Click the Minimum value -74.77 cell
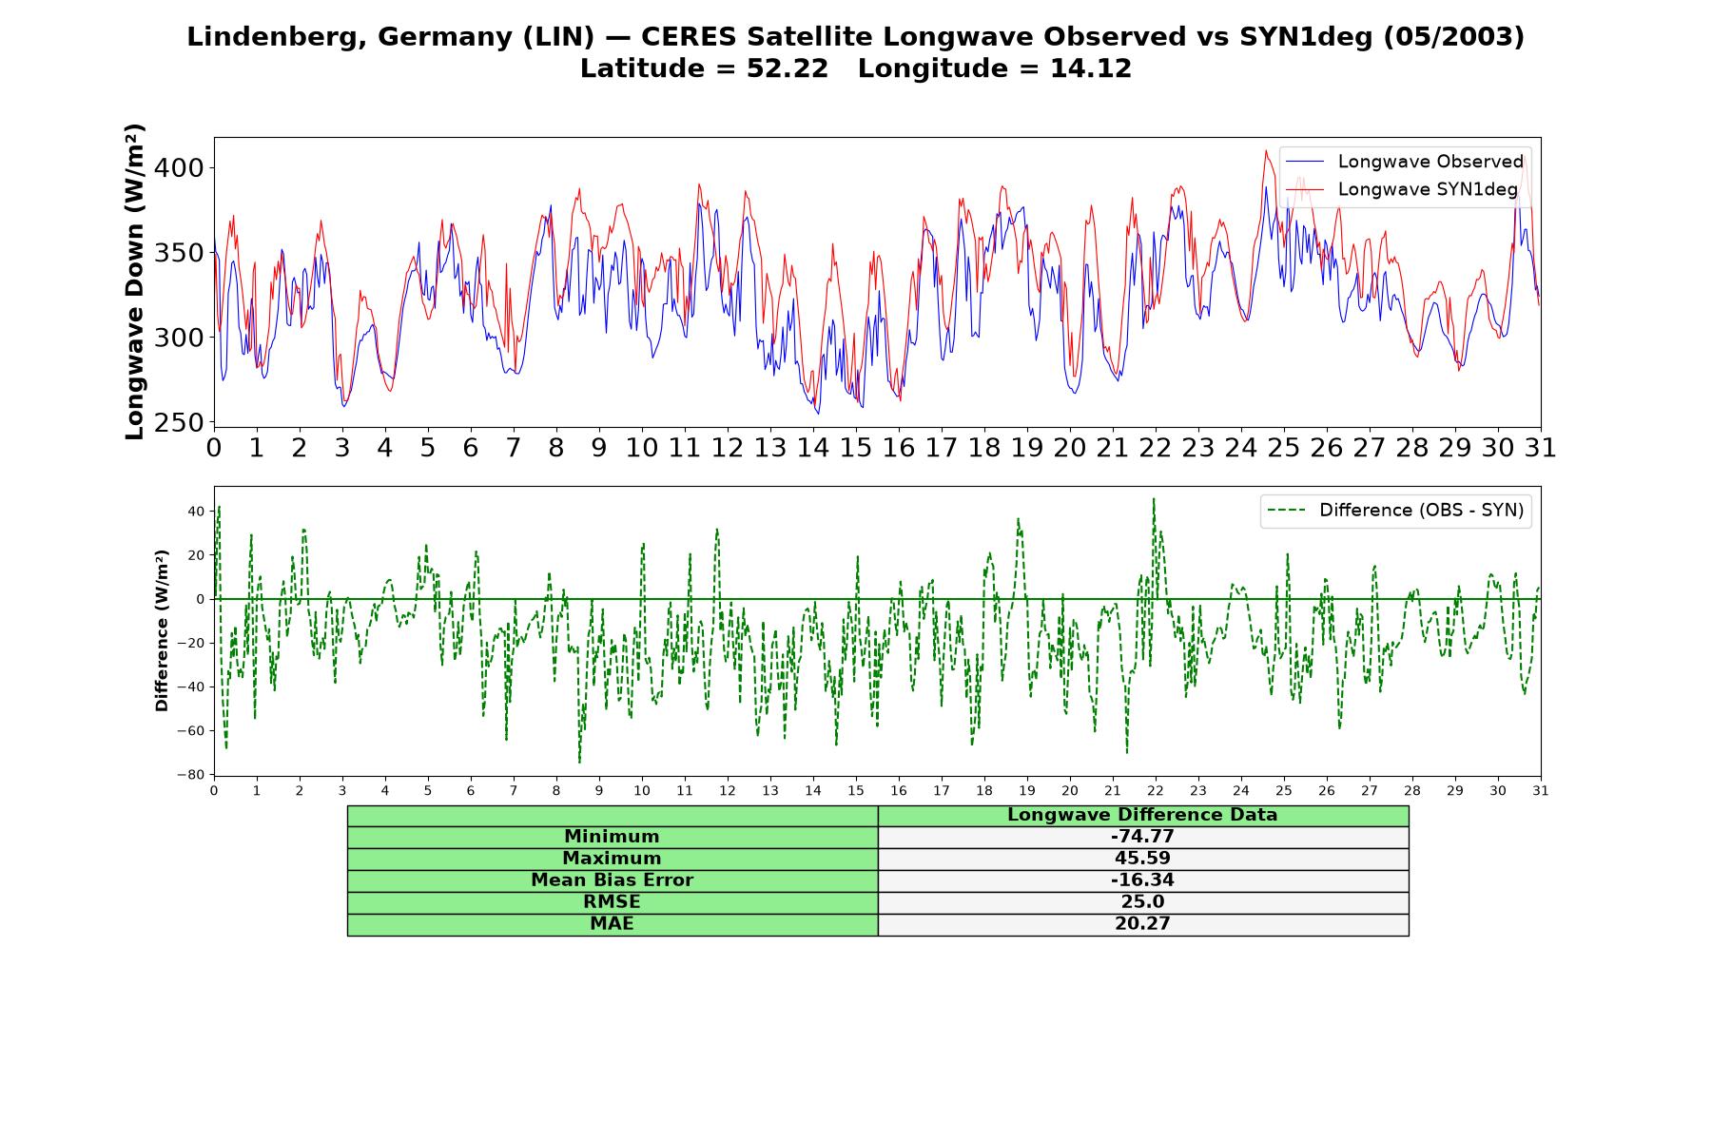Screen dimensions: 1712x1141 [x=1142, y=837]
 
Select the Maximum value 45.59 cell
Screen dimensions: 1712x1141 [x=1142, y=859]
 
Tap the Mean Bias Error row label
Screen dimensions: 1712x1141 [x=612, y=880]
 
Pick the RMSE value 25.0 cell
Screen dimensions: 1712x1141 [x=1142, y=902]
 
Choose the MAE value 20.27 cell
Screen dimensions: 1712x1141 [x=1142, y=924]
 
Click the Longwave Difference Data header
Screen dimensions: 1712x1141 [x=1142, y=815]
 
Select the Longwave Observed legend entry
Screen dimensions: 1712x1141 [x=1404, y=162]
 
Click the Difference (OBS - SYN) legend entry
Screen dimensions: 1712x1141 [x=1395, y=511]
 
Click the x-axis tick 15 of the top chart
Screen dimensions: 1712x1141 [x=856, y=447]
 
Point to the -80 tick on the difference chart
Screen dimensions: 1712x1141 [x=191, y=775]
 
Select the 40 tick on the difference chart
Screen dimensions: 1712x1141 [x=196, y=512]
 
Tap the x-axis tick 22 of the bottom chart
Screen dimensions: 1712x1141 [x=1156, y=791]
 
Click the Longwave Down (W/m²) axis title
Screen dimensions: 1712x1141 [x=135, y=281]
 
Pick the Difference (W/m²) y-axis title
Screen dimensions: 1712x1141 [x=163, y=630]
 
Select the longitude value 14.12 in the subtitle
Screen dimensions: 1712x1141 [x=1091, y=68]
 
